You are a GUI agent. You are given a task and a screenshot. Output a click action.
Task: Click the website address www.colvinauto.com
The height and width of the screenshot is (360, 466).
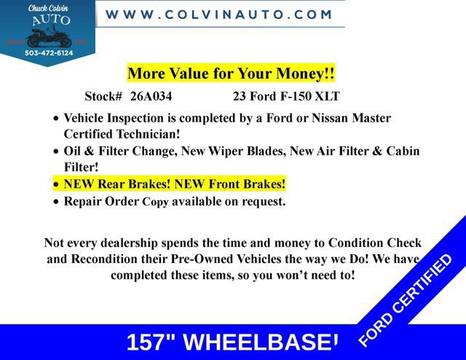219,14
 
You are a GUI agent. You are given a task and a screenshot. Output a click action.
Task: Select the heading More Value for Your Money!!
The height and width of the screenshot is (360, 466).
231,74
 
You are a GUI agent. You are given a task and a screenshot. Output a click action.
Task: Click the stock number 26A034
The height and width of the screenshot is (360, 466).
151,96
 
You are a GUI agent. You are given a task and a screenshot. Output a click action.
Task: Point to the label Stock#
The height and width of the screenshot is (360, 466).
103,96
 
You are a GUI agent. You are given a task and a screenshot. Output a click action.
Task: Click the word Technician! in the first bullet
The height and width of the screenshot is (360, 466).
143,134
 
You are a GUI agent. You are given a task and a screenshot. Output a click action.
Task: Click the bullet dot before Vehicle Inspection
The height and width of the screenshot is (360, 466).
57,119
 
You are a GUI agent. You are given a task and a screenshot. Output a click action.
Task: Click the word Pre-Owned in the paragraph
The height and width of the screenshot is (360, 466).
202,259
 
